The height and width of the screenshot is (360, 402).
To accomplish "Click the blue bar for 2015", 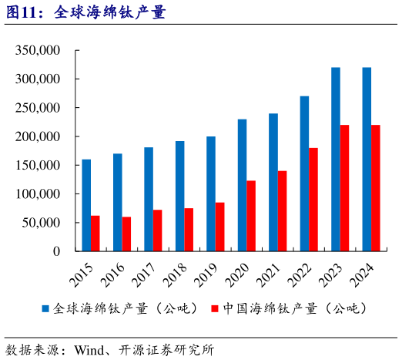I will (86, 205).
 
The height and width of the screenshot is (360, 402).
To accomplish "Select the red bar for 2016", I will (126, 234).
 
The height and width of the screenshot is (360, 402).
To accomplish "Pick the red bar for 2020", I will (251, 216).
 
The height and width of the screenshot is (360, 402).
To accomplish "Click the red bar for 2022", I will (313, 200).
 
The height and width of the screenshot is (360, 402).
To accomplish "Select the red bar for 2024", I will (376, 188).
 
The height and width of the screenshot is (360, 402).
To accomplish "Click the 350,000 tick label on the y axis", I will (37, 51).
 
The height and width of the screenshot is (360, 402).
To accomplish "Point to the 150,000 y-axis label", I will (37, 166).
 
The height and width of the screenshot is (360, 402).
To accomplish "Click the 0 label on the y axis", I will (55, 251).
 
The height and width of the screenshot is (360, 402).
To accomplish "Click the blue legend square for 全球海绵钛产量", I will (45, 308).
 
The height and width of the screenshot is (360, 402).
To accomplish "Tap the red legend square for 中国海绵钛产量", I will (215, 308).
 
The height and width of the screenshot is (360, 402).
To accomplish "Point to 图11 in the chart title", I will (20, 13).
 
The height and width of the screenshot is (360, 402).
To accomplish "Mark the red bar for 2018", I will (189, 230).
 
